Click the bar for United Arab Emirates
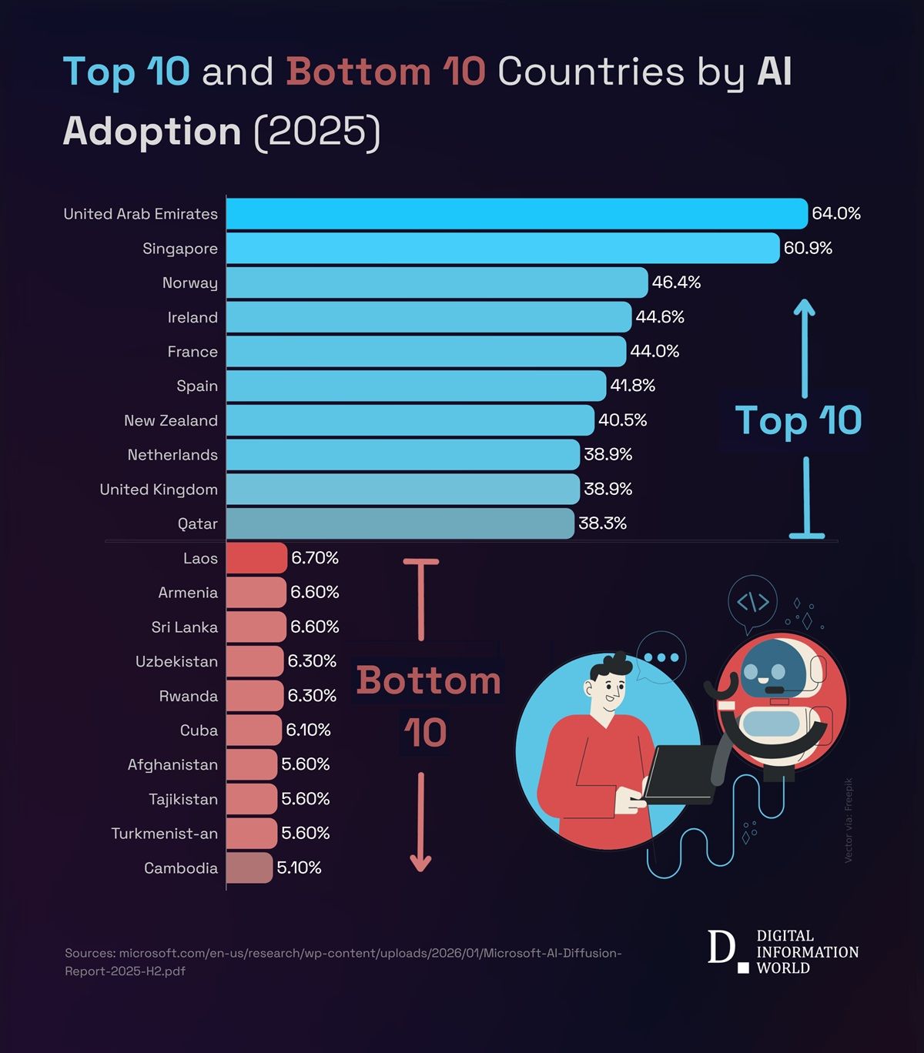tap(516, 213)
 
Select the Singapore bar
tap(502, 248)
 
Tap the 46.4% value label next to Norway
tap(676, 282)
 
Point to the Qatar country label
tap(198, 524)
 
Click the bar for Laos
tap(256, 558)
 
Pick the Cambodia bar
tap(249, 867)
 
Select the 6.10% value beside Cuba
tap(308, 730)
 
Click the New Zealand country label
tap(171, 421)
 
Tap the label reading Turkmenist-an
tap(165, 834)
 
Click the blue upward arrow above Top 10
tap(804, 346)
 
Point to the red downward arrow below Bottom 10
tap(420, 824)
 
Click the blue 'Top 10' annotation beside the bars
tap(798, 420)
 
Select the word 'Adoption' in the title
tap(152, 131)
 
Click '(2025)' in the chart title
tap(317, 131)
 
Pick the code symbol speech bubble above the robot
tap(752, 602)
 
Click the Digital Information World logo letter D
tap(721, 948)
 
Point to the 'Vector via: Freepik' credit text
tap(849, 820)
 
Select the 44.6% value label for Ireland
tap(660, 317)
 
